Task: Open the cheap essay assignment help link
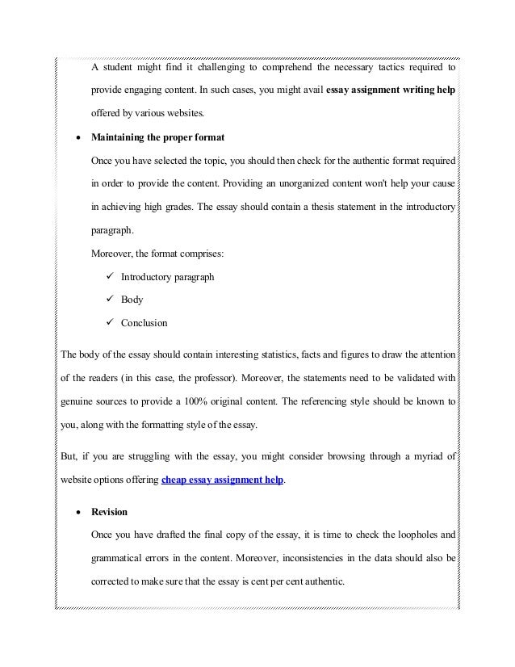[x=223, y=479]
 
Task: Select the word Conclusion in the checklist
[x=144, y=323]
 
